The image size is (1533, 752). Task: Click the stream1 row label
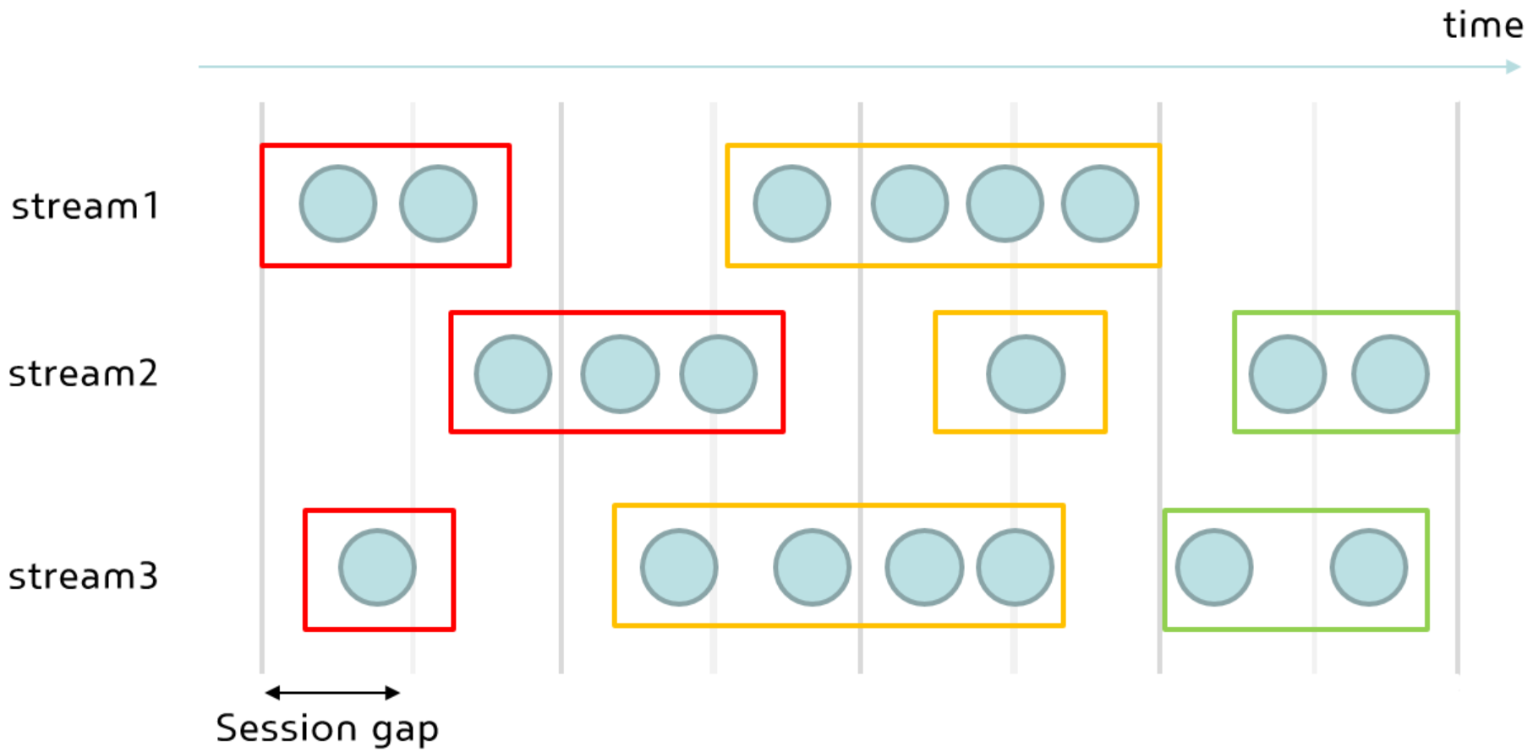pos(85,205)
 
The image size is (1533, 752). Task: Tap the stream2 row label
pos(84,373)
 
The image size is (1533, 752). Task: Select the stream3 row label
pos(84,576)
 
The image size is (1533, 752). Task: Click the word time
pos(1482,25)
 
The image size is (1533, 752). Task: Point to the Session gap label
pos(327,728)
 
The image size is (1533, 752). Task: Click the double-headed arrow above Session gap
pos(332,693)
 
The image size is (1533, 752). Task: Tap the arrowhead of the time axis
pos(1513,67)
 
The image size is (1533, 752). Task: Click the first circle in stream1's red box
pos(338,204)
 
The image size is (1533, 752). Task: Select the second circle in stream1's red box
pos(438,204)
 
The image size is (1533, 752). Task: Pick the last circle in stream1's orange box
pos(1100,204)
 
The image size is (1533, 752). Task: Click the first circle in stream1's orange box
pos(792,204)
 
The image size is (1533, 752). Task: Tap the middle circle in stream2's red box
pos(620,373)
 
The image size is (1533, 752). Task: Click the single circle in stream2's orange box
pos(1026,373)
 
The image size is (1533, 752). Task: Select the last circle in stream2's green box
pos(1390,373)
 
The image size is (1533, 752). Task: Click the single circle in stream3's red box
pos(377,567)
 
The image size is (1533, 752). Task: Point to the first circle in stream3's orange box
pos(679,567)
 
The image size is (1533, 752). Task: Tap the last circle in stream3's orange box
pos(1015,567)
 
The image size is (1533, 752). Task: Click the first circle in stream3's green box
pos(1214,567)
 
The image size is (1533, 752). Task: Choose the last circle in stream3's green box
pos(1369,567)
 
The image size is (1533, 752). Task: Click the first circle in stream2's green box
pos(1288,373)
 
